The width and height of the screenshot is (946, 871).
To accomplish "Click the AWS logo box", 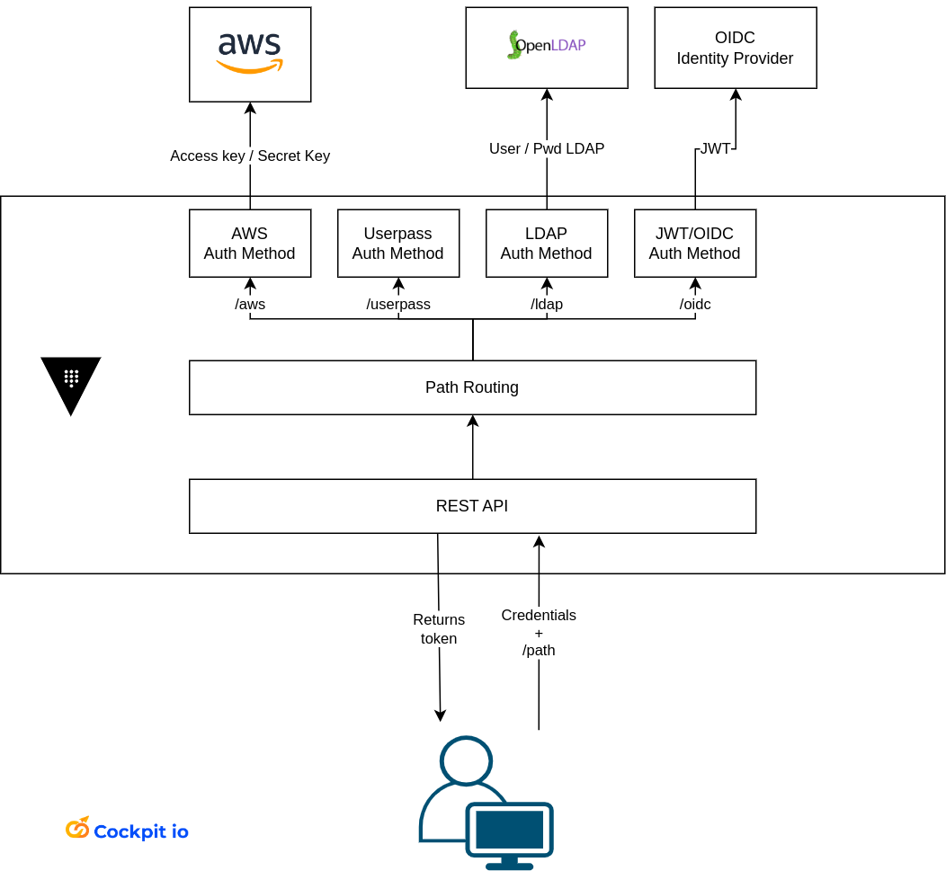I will [250, 54].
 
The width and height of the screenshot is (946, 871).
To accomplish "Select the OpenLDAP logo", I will [546, 45].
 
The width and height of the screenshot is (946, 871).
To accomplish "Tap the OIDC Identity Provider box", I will [735, 48].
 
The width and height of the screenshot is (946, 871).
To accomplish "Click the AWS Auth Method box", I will [250, 244].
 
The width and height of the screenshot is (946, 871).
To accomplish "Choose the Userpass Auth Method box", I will [398, 244].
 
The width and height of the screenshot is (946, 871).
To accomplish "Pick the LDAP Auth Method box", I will [547, 244].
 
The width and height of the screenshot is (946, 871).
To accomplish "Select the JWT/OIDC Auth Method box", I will [695, 244].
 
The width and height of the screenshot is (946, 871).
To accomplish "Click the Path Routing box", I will [472, 387].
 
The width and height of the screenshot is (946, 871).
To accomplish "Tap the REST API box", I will [472, 506].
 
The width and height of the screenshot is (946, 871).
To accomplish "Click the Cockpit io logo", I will [127, 831].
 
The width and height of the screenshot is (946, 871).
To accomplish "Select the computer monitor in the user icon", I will [509, 832].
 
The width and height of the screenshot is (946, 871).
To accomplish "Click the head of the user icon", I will [466, 760].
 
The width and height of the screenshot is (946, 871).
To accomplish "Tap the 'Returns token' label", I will [439, 629].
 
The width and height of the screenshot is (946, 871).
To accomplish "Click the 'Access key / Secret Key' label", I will [250, 156].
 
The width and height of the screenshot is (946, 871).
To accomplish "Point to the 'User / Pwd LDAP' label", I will [547, 148].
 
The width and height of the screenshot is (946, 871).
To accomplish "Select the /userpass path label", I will [398, 304].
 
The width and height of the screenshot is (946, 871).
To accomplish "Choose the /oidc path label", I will [695, 304].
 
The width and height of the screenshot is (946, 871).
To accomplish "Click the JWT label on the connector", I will [716, 148].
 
